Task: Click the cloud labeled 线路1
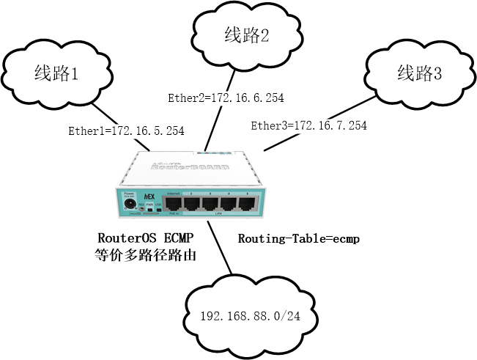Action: pos(55,73)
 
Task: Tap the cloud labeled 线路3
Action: pos(419,73)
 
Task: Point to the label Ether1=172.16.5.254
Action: pos(125,131)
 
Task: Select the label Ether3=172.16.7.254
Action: pos(308,125)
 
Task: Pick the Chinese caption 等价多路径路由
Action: pos(145,256)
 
